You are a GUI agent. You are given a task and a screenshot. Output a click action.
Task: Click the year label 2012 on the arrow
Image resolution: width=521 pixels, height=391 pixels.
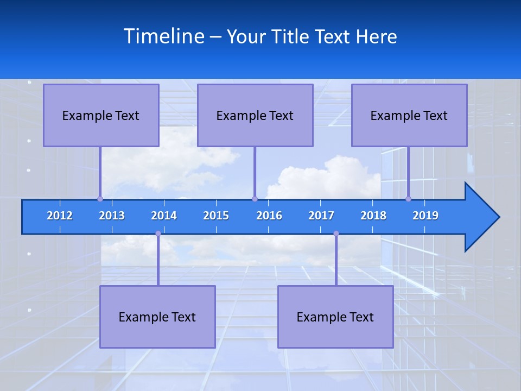click(60, 216)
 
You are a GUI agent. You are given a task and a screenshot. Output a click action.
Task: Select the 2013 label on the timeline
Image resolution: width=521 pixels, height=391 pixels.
click(112, 216)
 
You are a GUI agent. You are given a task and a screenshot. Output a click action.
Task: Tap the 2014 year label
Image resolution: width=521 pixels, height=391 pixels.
click(164, 216)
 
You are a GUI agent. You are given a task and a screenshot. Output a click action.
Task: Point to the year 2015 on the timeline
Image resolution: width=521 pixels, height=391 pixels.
click(216, 216)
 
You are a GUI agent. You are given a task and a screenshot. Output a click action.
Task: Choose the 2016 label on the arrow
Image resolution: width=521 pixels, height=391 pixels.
click(269, 216)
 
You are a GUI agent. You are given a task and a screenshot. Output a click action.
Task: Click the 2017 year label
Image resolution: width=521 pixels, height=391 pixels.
click(321, 216)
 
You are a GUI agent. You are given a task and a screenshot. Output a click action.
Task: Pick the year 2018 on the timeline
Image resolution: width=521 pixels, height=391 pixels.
click(373, 216)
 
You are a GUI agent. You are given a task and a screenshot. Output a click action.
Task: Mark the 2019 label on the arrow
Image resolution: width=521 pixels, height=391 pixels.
click(425, 216)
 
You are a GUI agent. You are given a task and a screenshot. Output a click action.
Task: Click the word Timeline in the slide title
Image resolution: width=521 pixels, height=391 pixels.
click(163, 36)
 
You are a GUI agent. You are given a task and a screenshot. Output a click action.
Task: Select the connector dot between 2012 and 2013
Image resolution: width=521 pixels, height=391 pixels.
click(100, 199)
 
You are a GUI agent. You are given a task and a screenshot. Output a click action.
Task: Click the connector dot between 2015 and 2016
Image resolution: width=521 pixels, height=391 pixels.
click(255, 199)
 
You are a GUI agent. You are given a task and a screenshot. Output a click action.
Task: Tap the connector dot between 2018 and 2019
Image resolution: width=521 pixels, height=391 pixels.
click(409, 199)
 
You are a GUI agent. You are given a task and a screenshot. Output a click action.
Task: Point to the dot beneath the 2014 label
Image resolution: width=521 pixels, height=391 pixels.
click(158, 234)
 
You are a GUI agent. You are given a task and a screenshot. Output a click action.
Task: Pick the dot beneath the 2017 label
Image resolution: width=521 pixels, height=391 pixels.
click(336, 234)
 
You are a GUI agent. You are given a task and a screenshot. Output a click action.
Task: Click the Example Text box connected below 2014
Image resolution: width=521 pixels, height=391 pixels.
click(157, 317)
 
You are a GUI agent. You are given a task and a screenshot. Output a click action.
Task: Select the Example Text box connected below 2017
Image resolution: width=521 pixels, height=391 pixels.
click(335, 317)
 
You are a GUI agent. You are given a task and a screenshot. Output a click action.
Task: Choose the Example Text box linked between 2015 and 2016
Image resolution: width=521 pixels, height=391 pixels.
click(255, 115)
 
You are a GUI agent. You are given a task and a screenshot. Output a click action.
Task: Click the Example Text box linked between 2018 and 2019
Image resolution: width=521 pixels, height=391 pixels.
click(409, 115)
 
